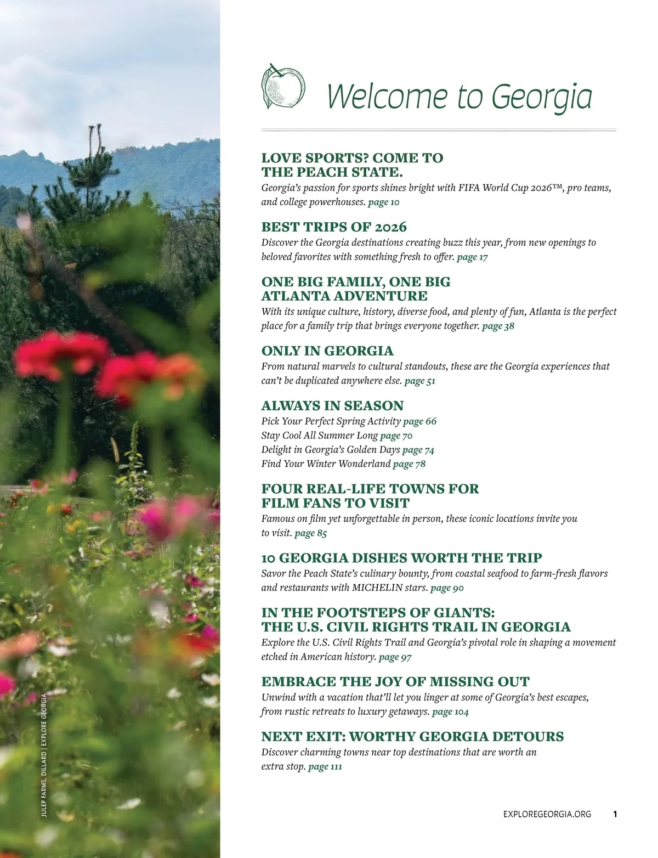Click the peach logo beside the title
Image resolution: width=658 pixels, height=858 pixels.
pyautogui.click(x=282, y=86)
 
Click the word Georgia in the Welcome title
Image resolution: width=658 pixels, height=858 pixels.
pyautogui.click(x=542, y=96)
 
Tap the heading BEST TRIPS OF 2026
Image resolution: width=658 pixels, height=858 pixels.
pyautogui.click(x=334, y=227)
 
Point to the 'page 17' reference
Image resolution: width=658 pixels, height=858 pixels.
pyautogui.click(x=472, y=257)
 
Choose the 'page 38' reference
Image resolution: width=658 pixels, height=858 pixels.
pyautogui.click(x=498, y=326)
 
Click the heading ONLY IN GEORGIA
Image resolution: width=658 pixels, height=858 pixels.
pyautogui.click(x=327, y=351)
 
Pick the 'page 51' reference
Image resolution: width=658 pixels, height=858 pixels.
pyautogui.click(x=419, y=381)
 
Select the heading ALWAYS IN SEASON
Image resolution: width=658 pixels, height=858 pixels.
pyautogui.click(x=332, y=406)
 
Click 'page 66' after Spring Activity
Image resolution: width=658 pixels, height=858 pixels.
pyautogui.click(x=420, y=421)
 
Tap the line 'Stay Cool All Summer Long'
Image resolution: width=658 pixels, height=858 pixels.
pyautogui.click(x=320, y=436)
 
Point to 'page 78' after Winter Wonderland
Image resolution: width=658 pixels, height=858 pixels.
pyautogui.click(x=409, y=464)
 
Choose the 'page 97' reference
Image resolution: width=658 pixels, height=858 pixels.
pyautogui.click(x=395, y=657)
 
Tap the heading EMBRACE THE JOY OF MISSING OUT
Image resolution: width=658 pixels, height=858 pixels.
pyautogui.click(x=395, y=682)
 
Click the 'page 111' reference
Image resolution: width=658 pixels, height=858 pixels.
pyautogui.click(x=325, y=766)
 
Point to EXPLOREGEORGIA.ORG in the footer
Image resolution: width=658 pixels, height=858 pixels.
pyautogui.click(x=547, y=814)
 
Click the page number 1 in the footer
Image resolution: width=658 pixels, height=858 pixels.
pyautogui.click(x=615, y=814)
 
